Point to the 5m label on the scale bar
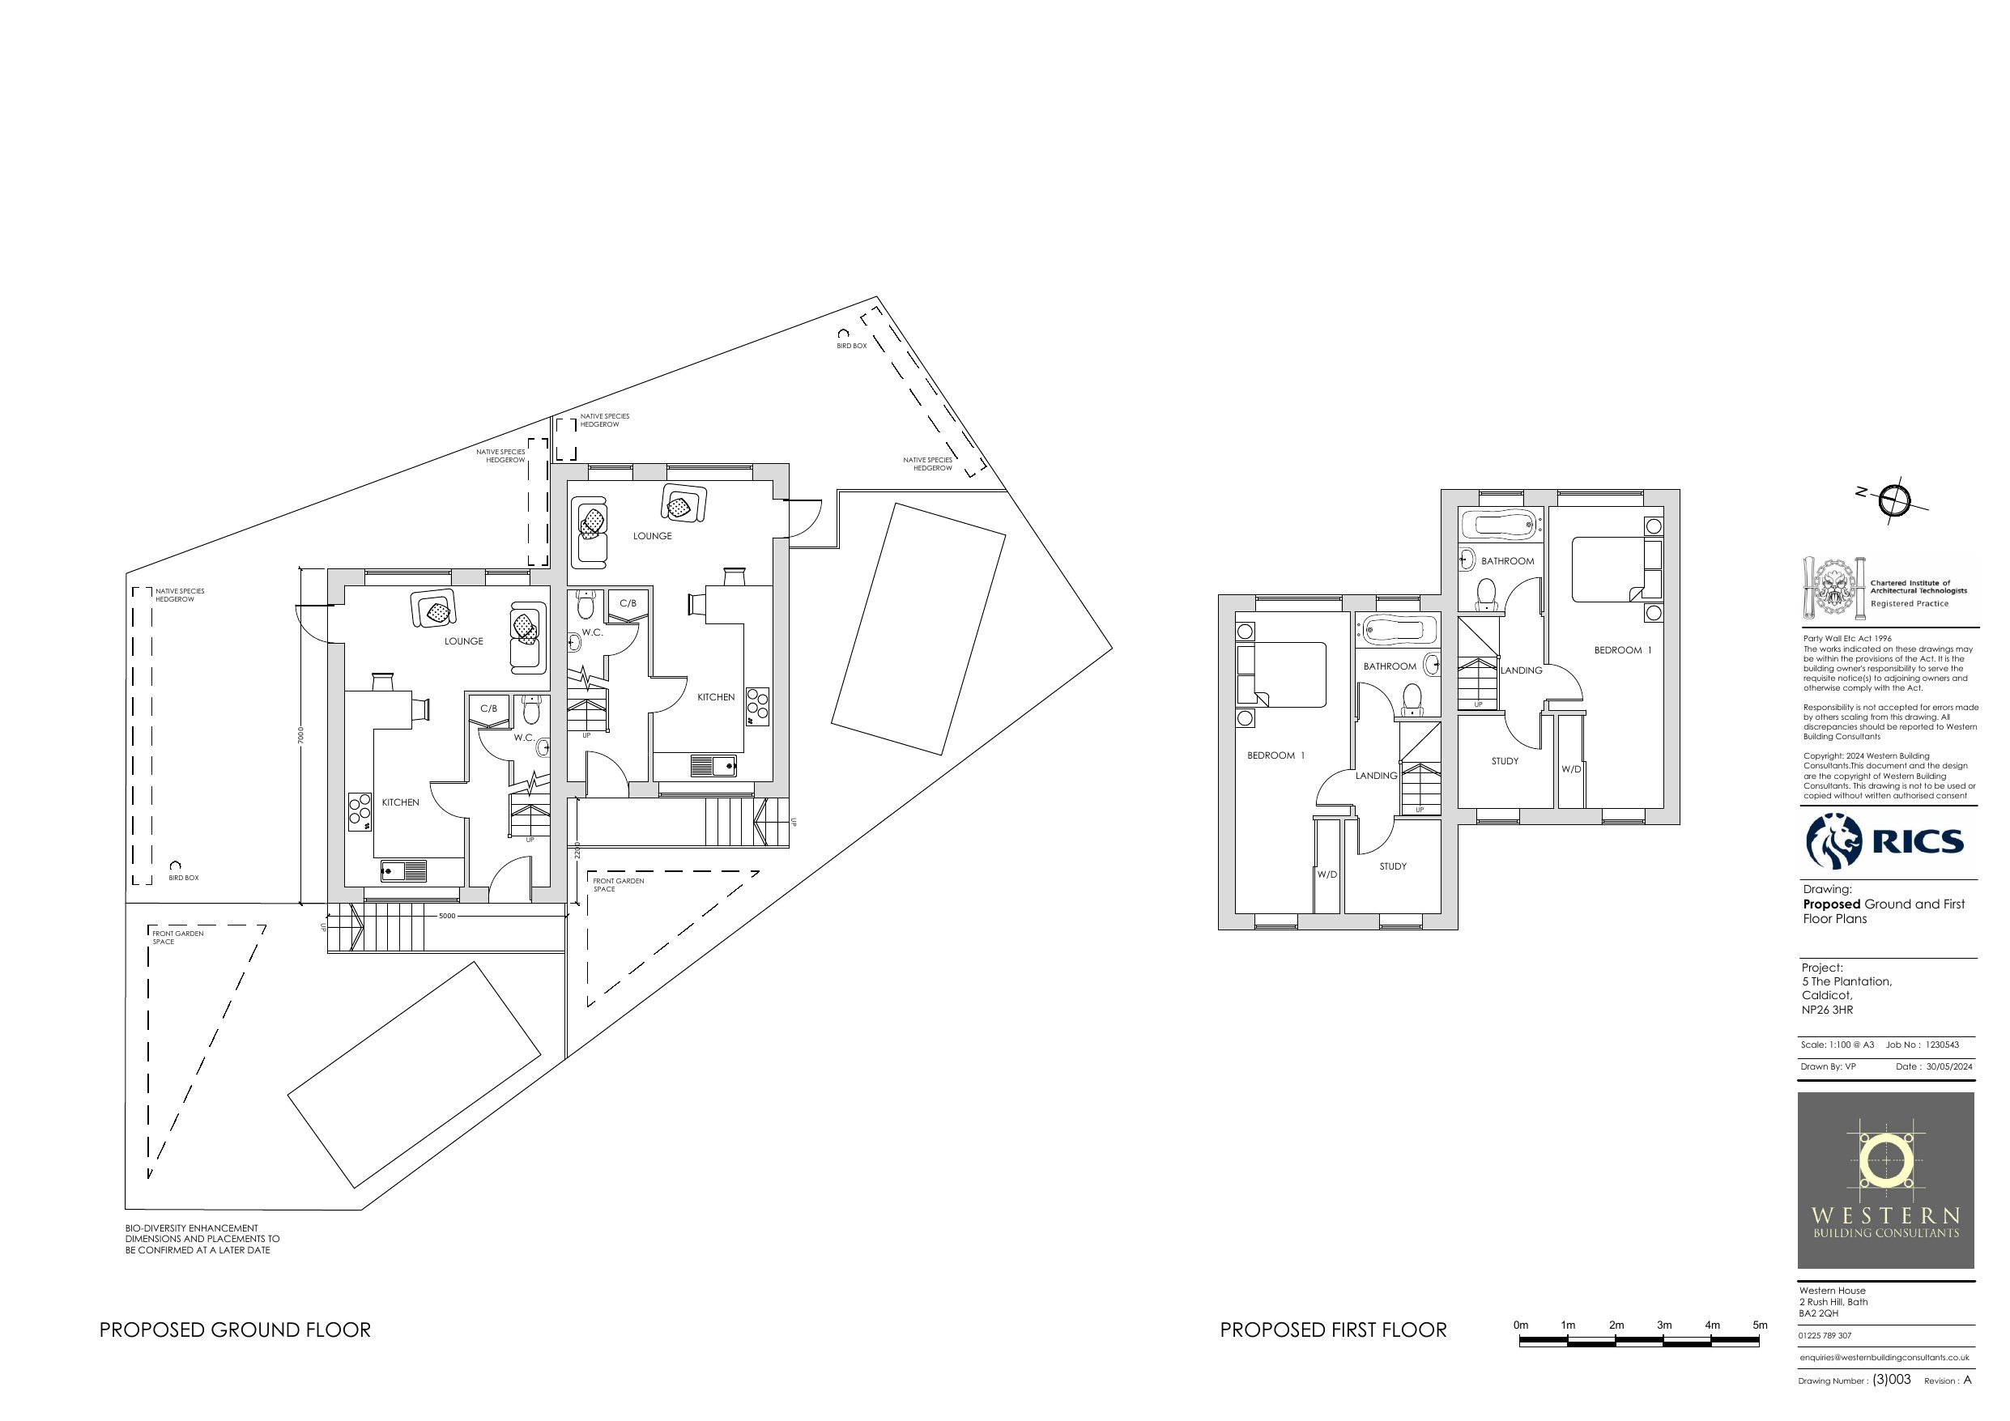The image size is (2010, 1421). point(1760,1325)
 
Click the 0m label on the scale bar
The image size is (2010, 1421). point(1521,1325)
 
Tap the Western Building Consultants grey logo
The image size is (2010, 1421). point(1885,1181)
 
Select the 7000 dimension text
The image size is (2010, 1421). point(300,734)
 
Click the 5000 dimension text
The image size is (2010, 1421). point(446,916)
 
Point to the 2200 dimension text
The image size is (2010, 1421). point(577,849)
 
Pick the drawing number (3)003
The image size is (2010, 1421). point(1891,1380)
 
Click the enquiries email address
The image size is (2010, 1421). point(1884,1358)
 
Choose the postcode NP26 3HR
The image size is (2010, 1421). point(1827,1010)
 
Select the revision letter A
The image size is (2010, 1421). point(1968,1380)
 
